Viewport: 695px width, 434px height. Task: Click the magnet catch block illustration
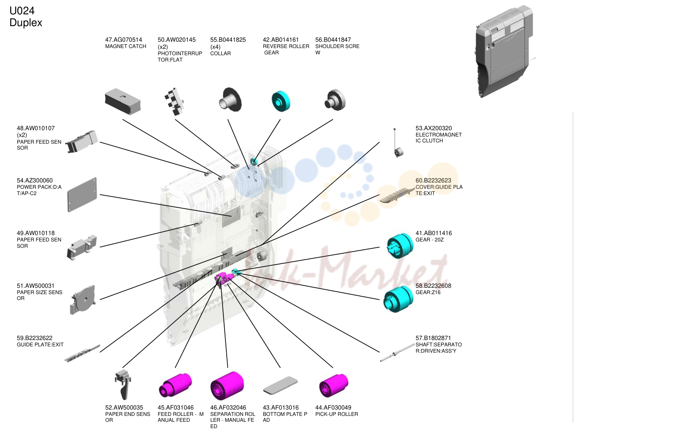click(x=123, y=102)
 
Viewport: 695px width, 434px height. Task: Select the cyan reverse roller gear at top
click(x=281, y=101)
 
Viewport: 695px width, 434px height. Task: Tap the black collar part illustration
click(x=230, y=99)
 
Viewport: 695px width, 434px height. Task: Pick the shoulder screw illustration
click(x=335, y=100)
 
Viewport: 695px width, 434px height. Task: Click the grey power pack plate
click(x=82, y=195)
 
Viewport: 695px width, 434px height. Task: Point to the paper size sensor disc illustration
click(x=83, y=300)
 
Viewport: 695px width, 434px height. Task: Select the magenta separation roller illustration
click(x=227, y=386)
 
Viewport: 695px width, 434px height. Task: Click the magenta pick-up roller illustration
click(x=334, y=386)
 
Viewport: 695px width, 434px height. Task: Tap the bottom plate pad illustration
click(x=280, y=385)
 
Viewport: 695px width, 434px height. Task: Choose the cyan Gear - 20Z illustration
click(x=400, y=246)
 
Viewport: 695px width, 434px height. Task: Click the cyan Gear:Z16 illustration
click(x=398, y=299)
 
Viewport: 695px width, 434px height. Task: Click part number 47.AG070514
click(x=123, y=40)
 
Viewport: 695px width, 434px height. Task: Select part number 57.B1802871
click(x=433, y=338)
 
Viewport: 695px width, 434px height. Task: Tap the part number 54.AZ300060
click(x=35, y=180)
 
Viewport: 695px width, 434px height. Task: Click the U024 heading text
click(x=22, y=11)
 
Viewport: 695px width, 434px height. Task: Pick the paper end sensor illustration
click(x=123, y=384)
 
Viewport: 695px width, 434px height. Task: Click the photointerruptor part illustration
click(x=174, y=102)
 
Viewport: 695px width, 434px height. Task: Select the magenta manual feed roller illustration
click(x=175, y=385)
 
